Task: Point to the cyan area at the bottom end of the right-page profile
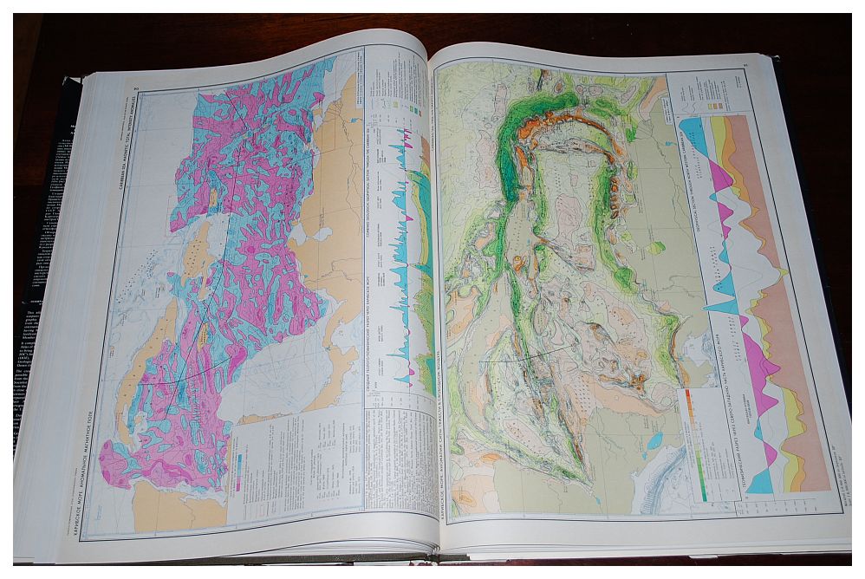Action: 759,482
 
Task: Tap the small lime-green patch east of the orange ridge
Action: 657,247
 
